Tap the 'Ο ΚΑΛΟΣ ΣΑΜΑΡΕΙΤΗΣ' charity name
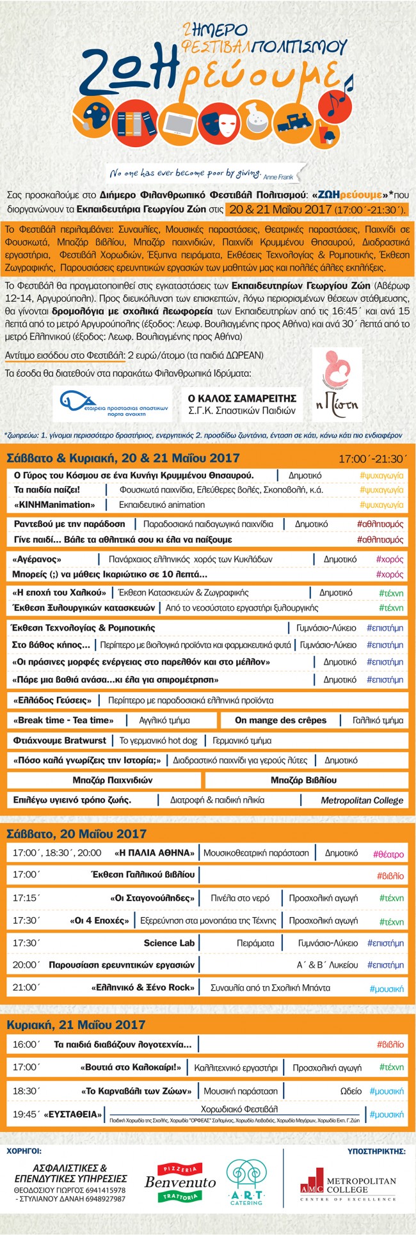coord(241,397)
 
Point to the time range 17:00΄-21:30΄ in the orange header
coord(372,459)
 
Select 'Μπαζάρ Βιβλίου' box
coord(303,780)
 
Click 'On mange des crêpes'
coord(280,720)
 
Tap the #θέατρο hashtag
coord(388,854)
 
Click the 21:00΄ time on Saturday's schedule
coord(26,987)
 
